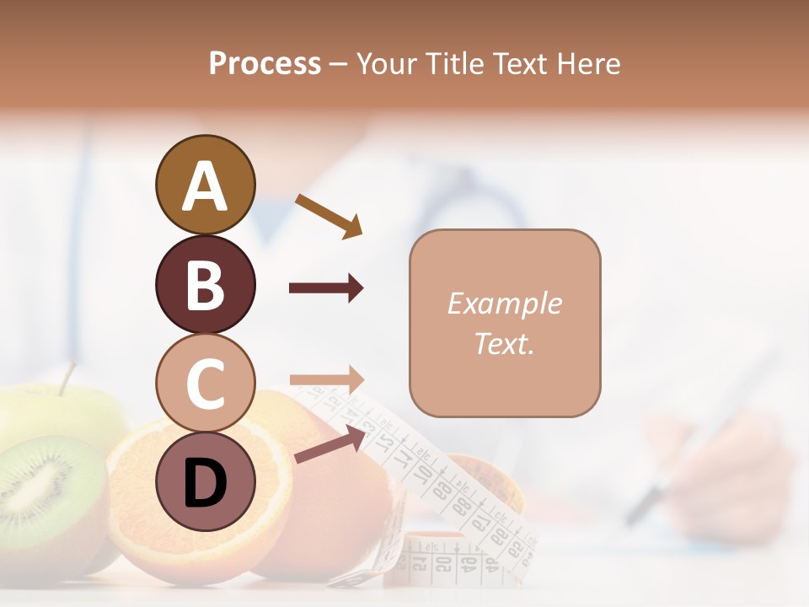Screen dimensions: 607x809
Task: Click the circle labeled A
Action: click(205, 185)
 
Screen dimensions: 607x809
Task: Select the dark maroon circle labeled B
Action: click(205, 284)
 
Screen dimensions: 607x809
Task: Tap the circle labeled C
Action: click(205, 383)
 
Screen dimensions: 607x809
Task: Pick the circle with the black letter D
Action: click(205, 481)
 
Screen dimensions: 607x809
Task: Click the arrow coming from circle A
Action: click(329, 215)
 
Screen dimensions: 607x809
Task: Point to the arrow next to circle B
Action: click(326, 288)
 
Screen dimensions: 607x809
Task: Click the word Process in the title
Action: click(265, 63)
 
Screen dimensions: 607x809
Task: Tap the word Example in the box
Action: click(505, 303)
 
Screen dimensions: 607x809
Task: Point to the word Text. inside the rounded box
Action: click(505, 343)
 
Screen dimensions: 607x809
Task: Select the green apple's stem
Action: click(66, 379)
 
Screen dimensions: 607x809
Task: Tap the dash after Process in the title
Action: click(339, 65)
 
